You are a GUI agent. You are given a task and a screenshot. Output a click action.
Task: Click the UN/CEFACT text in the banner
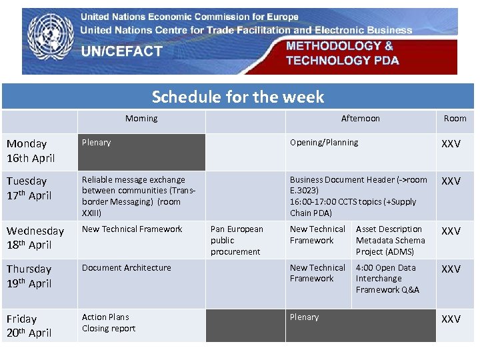click(x=121, y=51)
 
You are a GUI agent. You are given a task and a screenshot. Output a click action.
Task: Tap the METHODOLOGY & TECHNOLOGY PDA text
click(x=343, y=53)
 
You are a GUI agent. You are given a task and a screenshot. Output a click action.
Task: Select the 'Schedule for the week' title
click(x=238, y=97)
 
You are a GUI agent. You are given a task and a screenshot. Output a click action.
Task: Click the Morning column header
click(x=141, y=119)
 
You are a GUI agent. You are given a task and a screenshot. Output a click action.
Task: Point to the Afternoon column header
click(x=360, y=119)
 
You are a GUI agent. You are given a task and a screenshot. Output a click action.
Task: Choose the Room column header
click(x=455, y=119)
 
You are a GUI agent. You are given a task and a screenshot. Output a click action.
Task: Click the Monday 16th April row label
click(x=31, y=151)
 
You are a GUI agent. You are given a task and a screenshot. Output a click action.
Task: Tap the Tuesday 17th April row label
click(x=29, y=188)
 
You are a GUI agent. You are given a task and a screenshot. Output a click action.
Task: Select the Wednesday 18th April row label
click(x=35, y=238)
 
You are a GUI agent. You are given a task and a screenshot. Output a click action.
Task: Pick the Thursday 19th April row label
click(x=29, y=276)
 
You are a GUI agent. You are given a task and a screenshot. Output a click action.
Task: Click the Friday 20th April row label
click(x=29, y=325)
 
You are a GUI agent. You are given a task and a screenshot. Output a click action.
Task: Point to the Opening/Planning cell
click(x=324, y=143)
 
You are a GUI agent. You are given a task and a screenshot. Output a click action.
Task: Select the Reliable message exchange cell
click(x=139, y=196)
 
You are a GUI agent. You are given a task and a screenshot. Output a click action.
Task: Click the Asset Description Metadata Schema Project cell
click(x=391, y=240)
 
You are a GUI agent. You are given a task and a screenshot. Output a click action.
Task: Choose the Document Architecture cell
click(x=127, y=268)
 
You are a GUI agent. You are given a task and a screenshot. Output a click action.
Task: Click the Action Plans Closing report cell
click(x=109, y=323)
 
